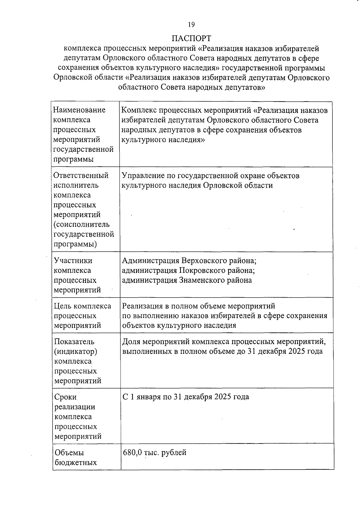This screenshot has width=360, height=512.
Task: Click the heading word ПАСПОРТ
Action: point(191,38)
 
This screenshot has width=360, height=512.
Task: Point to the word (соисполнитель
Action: point(82,225)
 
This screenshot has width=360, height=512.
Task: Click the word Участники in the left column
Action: point(73,261)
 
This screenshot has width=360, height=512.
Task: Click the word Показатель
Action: point(74,342)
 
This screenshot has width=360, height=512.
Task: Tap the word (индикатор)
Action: point(76,351)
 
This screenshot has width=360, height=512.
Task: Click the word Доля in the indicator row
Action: point(131,342)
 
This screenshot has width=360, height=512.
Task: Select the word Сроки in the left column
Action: point(65,397)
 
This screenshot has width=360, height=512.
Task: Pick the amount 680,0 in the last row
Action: point(132,453)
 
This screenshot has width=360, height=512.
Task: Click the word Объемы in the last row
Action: point(69,453)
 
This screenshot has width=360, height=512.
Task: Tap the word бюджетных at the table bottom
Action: point(76,462)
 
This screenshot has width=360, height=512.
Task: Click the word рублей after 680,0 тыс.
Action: point(174,453)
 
